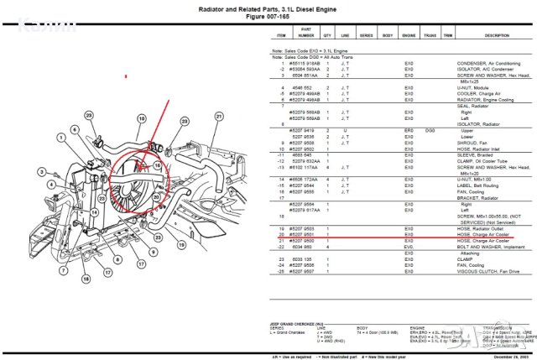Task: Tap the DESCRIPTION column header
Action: coord(496,36)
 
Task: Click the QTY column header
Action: coord(327,36)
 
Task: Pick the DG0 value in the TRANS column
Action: coord(429,130)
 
